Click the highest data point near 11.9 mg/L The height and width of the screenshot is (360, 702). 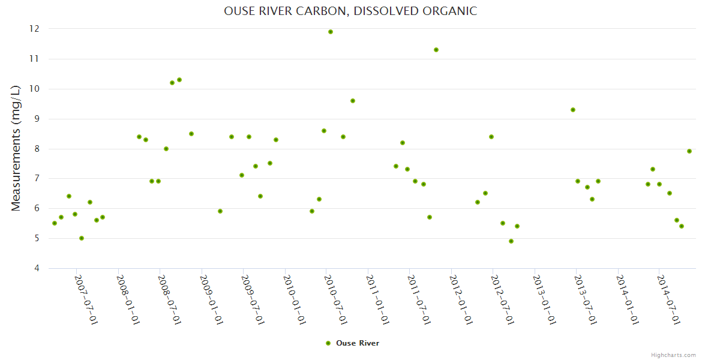(x=331, y=32)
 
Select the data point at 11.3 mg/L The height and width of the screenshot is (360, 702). (x=436, y=50)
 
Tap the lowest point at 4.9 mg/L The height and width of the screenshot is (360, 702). (x=511, y=241)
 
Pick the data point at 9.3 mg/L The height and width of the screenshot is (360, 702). (x=573, y=110)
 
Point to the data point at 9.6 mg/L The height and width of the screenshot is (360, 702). (x=353, y=101)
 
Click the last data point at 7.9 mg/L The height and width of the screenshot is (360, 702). (x=689, y=151)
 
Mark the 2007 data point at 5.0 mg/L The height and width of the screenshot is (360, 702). (x=82, y=238)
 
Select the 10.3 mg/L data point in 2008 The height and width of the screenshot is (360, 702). (x=179, y=80)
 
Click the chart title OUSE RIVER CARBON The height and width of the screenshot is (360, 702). (x=350, y=11)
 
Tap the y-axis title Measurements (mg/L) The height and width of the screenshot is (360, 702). (x=16, y=148)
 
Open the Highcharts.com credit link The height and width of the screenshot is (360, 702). (x=673, y=355)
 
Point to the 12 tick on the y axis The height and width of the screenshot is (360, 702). (x=34, y=29)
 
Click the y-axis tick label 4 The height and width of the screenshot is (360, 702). (x=37, y=268)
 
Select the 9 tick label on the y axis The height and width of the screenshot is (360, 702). (x=37, y=119)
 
